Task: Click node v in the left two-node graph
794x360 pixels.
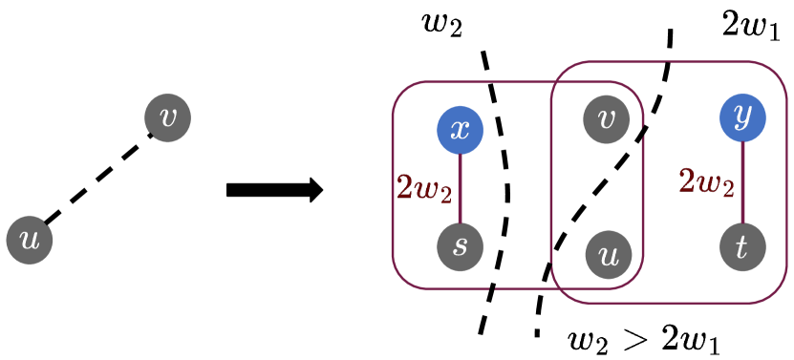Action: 167,117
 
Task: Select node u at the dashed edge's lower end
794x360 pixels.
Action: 30,240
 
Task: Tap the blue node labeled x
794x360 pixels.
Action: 461,130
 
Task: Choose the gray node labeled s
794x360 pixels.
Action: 461,246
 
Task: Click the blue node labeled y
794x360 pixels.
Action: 742,118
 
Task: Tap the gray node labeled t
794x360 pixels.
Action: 742,246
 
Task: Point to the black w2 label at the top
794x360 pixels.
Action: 442,25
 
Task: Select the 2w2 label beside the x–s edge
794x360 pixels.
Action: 423,189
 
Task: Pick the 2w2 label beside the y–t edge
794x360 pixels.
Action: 706,180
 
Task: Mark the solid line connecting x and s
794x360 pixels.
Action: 461,188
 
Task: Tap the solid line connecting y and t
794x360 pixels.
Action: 742,182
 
